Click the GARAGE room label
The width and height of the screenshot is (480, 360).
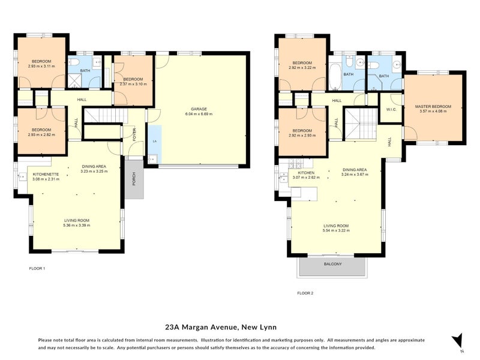coord(199,109)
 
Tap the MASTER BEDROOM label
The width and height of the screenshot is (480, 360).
coord(433,107)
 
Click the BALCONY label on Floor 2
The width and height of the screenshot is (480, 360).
coord(332,264)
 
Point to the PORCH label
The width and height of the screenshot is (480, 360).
coord(134,178)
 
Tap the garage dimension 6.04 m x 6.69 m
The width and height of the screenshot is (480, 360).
coord(199,113)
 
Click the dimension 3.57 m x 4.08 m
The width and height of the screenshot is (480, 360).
coord(433,112)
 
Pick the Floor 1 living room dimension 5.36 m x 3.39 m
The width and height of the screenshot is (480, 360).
coord(77,226)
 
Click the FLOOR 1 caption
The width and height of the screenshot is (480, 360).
coord(37,268)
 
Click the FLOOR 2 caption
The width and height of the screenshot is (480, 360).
coord(305,293)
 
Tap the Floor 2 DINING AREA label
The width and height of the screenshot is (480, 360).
coord(353,170)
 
